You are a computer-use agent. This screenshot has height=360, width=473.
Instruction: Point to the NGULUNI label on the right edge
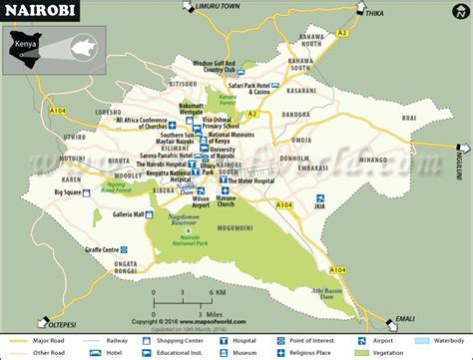point(462,159)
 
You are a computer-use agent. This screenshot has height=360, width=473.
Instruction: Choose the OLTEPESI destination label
point(60,322)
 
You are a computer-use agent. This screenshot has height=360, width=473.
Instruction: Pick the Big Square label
point(68,191)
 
